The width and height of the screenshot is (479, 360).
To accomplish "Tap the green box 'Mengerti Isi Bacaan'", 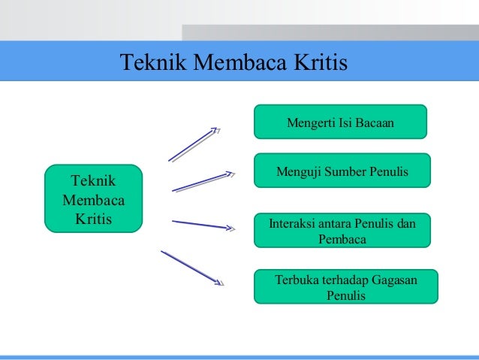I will (x=340, y=122).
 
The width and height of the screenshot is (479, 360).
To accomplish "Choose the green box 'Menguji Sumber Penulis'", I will (x=342, y=171).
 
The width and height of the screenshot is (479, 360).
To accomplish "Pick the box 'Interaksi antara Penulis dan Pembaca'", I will (x=342, y=230).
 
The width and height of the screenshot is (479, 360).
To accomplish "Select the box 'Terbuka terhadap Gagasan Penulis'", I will (x=346, y=286).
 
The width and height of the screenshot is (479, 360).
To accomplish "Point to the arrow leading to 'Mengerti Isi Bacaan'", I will (x=192, y=144).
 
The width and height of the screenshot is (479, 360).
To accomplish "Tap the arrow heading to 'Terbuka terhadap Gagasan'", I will (x=192, y=267).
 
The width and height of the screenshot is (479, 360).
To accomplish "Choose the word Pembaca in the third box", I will (x=342, y=238).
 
